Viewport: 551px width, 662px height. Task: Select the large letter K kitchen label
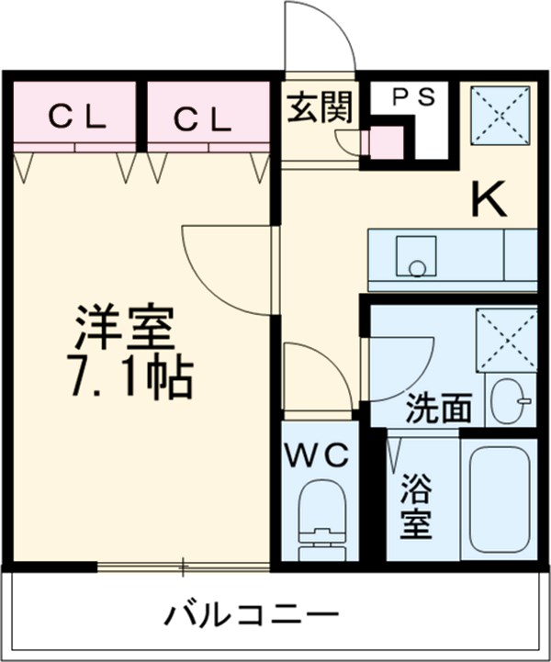(x=489, y=199)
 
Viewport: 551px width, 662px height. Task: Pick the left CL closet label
(x=78, y=117)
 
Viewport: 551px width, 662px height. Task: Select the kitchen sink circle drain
(x=418, y=268)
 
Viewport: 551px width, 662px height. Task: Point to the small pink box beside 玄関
(x=384, y=141)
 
